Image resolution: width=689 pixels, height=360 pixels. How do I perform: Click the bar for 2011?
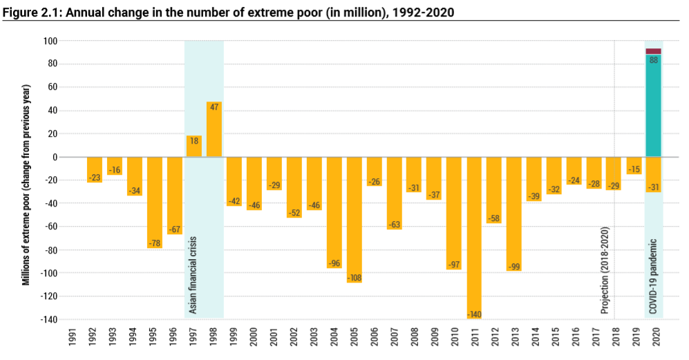(x=475, y=235)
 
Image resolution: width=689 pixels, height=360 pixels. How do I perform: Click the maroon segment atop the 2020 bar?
(x=653, y=51)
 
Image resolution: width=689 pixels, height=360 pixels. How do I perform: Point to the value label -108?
(x=355, y=278)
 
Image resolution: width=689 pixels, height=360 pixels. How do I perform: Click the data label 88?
(x=653, y=60)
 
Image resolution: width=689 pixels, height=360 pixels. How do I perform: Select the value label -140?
(x=475, y=314)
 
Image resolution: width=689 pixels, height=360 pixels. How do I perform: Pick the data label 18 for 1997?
(x=194, y=141)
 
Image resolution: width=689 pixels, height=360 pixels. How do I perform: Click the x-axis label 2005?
(x=355, y=337)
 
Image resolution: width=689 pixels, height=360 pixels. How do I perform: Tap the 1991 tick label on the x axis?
(x=73, y=337)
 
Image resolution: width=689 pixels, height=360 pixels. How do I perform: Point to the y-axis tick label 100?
(x=50, y=41)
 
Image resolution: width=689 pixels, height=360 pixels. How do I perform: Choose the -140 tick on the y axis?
(x=48, y=319)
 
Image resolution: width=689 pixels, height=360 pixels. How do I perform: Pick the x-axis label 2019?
(x=634, y=337)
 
